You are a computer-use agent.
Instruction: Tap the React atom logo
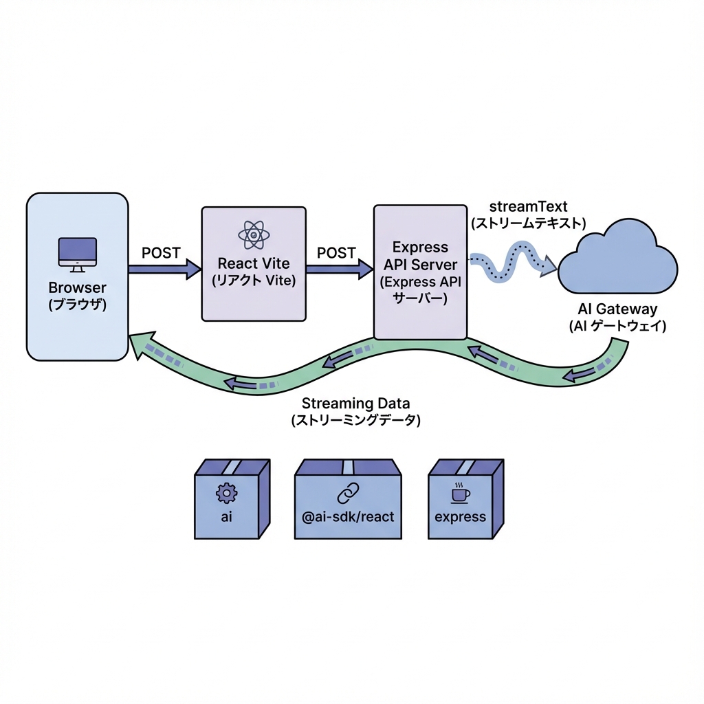coord(254,235)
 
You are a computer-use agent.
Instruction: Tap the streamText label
coord(528,207)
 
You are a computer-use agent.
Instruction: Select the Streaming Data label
coord(355,404)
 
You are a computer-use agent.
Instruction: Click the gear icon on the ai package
coord(225,492)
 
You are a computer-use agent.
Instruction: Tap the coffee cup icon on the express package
coord(459,493)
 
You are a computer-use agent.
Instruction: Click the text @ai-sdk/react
coord(349,516)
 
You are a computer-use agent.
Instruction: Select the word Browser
coord(78,288)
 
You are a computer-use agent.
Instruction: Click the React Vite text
coord(253,264)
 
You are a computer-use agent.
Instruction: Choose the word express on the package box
coord(460,516)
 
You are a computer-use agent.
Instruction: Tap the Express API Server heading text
coord(420,256)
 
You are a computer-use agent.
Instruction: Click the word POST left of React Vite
coord(161,253)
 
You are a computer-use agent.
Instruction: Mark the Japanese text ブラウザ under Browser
coord(78,305)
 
